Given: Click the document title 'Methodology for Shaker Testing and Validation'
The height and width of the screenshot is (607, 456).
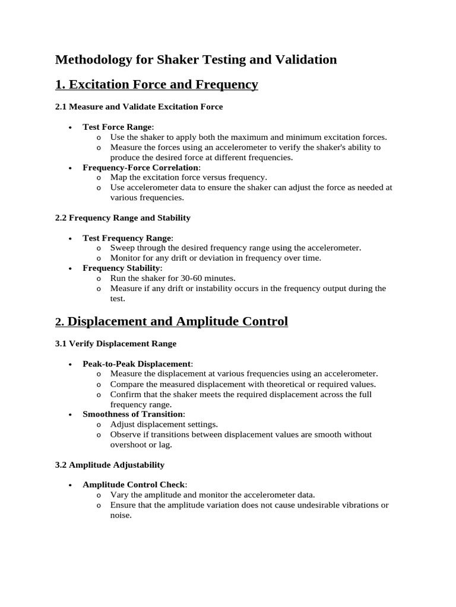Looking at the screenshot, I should [x=196, y=59].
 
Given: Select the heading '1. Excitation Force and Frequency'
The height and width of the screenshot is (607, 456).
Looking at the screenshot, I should [x=157, y=85].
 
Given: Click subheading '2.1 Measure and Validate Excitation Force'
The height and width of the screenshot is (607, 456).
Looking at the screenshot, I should [x=139, y=107].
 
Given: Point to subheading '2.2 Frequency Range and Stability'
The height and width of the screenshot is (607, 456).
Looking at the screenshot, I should [x=123, y=218].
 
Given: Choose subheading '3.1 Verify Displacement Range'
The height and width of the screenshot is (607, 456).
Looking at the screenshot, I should [x=116, y=343].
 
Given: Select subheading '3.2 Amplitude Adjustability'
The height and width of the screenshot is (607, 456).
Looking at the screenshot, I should [x=110, y=465].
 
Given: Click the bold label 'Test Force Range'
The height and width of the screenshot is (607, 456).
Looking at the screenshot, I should [x=117, y=127].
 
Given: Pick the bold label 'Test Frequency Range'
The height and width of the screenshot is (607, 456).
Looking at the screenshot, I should [x=127, y=238].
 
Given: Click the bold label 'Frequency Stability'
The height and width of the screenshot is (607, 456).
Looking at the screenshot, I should [x=122, y=268].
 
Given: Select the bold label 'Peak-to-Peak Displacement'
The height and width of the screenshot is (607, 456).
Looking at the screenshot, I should [x=137, y=363].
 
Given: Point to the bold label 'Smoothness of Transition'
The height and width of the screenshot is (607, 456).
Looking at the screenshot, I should [x=134, y=414].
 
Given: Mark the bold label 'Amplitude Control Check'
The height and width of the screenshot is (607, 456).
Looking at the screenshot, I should [x=134, y=484].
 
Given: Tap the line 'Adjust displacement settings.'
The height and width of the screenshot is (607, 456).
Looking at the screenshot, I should [x=164, y=424].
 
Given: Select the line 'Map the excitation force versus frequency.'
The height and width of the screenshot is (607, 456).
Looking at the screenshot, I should [x=189, y=177].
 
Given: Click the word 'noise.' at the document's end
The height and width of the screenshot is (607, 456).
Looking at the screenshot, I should [x=121, y=515].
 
